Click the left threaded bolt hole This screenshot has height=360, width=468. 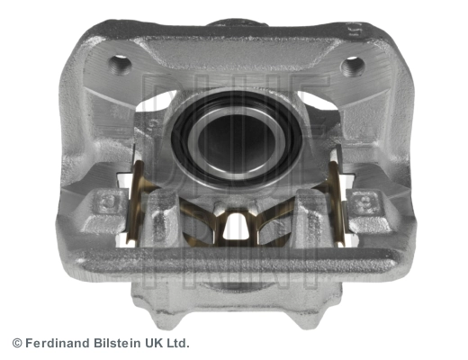[x=120, y=64]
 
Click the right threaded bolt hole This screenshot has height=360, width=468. [x=353, y=66]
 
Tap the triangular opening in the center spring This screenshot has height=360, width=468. [x=236, y=226]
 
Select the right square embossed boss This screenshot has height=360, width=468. [x=364, y=202]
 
